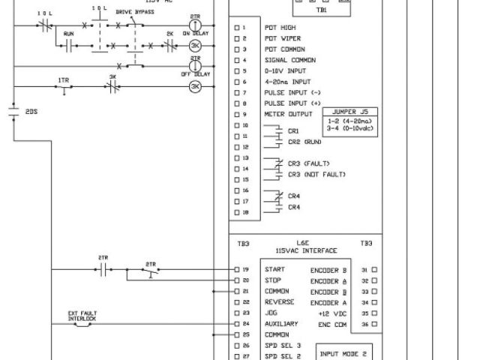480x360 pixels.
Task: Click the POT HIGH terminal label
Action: [x=280, y=28]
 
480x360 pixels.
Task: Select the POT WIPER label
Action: [x=282, y=38]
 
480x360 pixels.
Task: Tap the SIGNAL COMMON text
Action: [x=289, y=60]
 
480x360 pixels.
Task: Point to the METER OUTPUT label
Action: [x=288, y=114]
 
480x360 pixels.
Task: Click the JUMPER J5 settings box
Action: [x=350, y=122]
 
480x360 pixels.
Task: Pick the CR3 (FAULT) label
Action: [x=309, y=163]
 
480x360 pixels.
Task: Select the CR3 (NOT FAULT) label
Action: [x=316, y=175]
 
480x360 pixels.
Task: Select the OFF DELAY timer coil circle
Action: [x=195, y=65]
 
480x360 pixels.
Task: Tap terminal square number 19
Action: [x=237, y=268]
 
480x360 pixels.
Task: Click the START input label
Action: [x=274, y=268]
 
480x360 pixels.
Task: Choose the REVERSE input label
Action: [x=279, y=301]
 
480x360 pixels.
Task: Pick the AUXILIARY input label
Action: [x=281, y=323]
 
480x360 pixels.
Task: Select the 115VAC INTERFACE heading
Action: [x=302, y=250]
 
